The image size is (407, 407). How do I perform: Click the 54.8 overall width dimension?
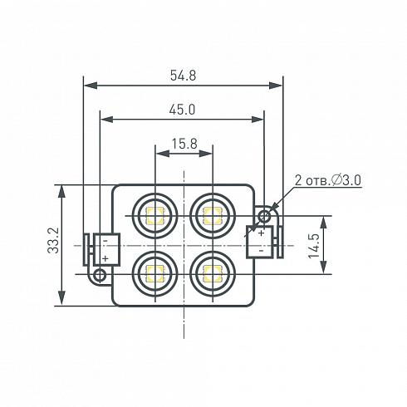click(183, 76)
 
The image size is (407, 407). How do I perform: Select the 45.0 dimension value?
click(183, 110)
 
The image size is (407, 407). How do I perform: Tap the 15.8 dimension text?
click(184, 144)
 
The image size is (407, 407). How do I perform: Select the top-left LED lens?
click(154, 217)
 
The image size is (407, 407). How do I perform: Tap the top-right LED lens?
click(210, 217)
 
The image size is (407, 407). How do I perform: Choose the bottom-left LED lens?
click(154, 271)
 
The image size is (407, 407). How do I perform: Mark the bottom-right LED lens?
click(210, 271)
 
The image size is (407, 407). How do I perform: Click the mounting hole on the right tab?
click(264, 216)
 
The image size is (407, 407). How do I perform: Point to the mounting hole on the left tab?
click(101, 272)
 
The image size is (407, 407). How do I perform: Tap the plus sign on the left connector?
click(105, 258)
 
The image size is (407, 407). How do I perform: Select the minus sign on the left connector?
click(105, 240)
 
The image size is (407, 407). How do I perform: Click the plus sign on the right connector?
click(260, 233)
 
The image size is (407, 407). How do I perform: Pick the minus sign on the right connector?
click(260, 250)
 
